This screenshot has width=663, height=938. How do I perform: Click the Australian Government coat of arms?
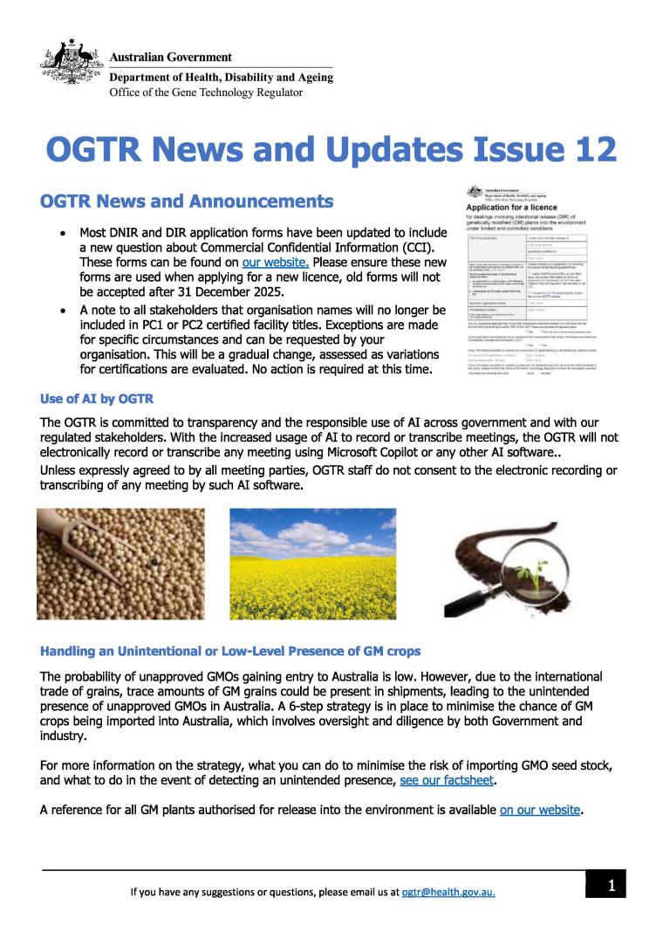coord(72,63)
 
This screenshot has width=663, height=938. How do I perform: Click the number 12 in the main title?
coord(590,150)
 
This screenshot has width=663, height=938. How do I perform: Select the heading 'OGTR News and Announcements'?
coord(187,202)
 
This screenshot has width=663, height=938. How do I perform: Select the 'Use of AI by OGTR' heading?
coord(97,399)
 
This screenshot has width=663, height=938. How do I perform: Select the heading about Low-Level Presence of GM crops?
coord(230,652)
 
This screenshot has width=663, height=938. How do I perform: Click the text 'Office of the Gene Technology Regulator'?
coord(206,92)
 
